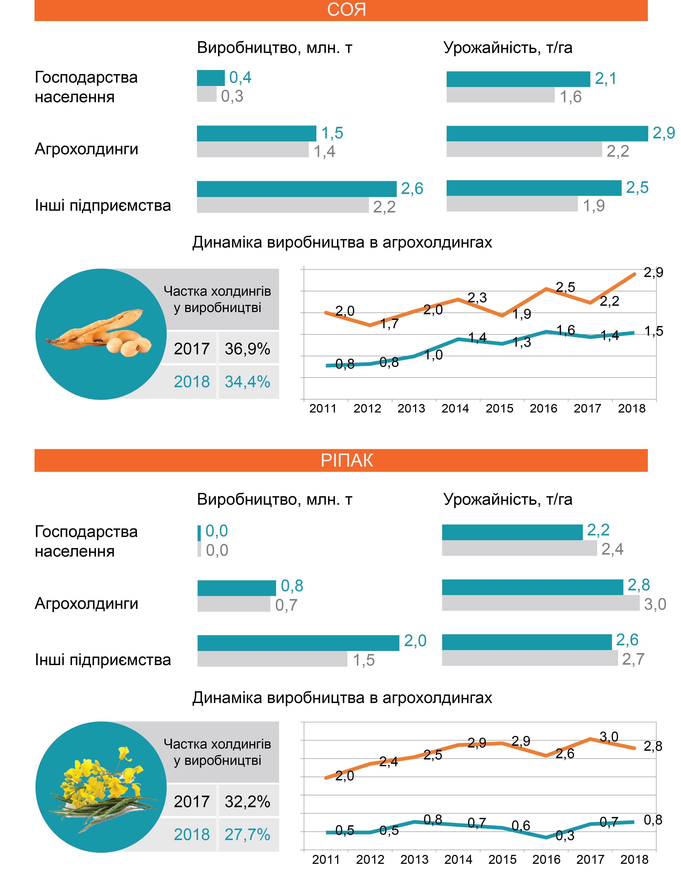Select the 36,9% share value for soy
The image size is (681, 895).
(x=247, y=348)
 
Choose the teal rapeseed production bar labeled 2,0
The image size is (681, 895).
(x=298, y=643)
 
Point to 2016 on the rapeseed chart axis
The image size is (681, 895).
(x=546, y=859)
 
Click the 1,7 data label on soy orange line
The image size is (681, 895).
(x=389, y=324)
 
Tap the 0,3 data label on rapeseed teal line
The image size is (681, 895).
(x=565, y=835)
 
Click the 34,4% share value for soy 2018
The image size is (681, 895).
(x=247, y=382)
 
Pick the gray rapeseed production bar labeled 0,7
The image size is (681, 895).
(x=234, y=604)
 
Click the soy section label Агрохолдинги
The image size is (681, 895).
(x=86, y=149)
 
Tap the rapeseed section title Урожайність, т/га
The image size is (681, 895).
(x=508, y=499)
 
